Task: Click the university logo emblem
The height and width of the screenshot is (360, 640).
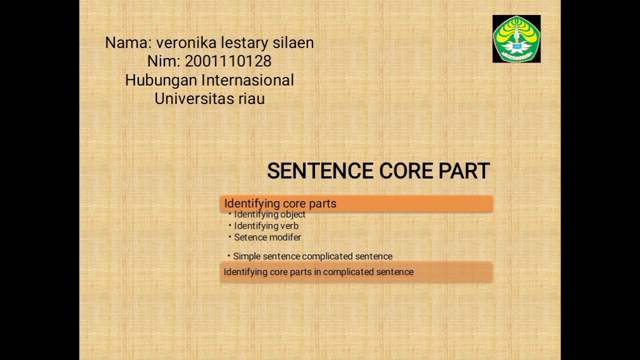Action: pyautogui.click(x=516, y=39)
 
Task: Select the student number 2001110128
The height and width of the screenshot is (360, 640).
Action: pyautogui.click(x=228, y=61)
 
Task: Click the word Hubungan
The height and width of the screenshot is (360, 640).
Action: pyautogui.click(x=161, y=80)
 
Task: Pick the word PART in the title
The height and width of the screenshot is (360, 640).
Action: pyautogui.click(x=464, y=171)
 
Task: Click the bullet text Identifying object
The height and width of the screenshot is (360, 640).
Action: pyautogui.click(x=269, y=214)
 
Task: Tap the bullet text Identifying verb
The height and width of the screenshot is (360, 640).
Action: pyautogui.click(x=266, y=226)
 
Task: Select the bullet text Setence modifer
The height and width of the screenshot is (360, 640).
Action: pyautogui.click(x=267, y=237)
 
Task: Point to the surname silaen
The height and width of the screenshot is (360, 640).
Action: pyautogui.click(x=293, y=43)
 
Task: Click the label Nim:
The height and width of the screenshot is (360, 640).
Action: pyautogui.click(x=163, y=61)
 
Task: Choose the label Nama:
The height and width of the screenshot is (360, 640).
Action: pyautogui.click(x=128, y=43)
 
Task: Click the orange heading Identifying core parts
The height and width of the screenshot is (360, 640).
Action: pyautogui.click(x=280, y=203)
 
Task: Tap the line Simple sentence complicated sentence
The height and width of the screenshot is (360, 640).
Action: pyautogui.click(x=312, y=256)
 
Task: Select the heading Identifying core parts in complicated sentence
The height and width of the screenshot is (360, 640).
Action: pyautogui.click(x=318, y=272)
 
